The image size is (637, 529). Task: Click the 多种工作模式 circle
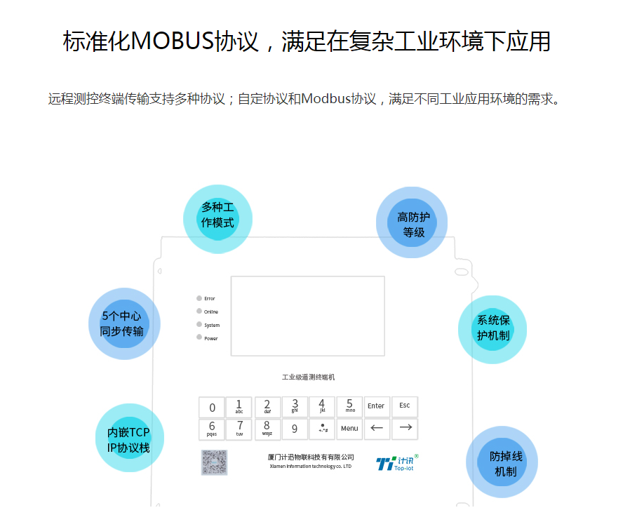coord(217,218)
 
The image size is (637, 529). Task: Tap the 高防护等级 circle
coord(412,222)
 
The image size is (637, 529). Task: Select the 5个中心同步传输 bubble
coord(123,324)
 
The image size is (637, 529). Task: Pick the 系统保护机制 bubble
coord(492,328)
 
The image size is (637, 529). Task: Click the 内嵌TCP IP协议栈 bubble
coord(129,438)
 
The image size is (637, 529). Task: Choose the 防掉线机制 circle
coord(502,463)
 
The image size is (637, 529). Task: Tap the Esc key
coord(405,406)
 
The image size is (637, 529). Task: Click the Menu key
coord(349,429)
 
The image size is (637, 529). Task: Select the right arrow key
coord(405,428)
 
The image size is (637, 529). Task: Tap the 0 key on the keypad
coord(213,408)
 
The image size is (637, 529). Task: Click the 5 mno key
coord(349,406)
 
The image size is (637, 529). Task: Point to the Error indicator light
coord(199,298)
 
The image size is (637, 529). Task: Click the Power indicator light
coord(199,337)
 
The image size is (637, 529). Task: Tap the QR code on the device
coord(215,462)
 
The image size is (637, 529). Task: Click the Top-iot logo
coord(397,463)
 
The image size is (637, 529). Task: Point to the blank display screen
coord(308,316)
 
